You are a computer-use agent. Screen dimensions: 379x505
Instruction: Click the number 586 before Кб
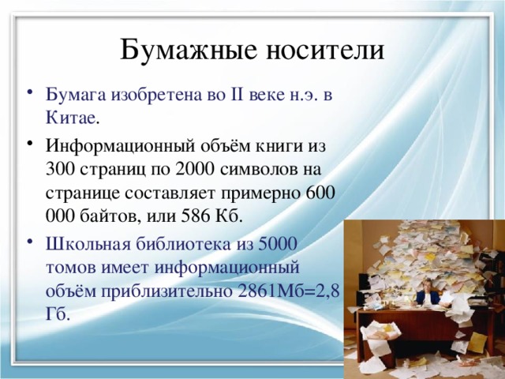[189, 215]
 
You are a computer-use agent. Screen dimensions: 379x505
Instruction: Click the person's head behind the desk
[431, 283]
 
